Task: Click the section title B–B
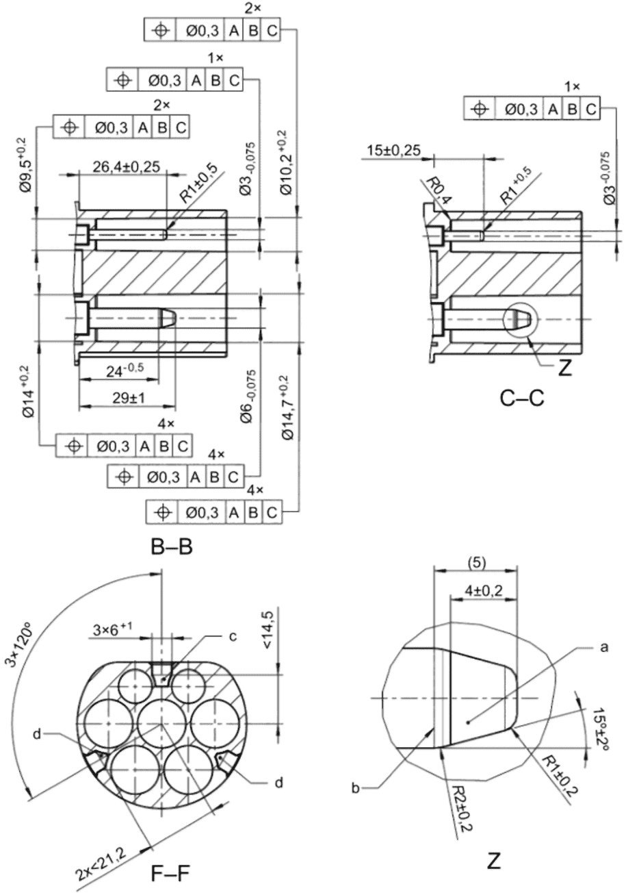[x=172, y=547]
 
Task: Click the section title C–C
[x=522, y=399]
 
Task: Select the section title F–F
[x=170, y=873]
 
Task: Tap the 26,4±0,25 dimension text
[x=126, y=166]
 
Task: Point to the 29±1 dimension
[x=128, y=398]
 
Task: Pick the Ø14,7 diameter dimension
[x=287, y=407]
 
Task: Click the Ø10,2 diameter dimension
[x=287, y=162]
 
